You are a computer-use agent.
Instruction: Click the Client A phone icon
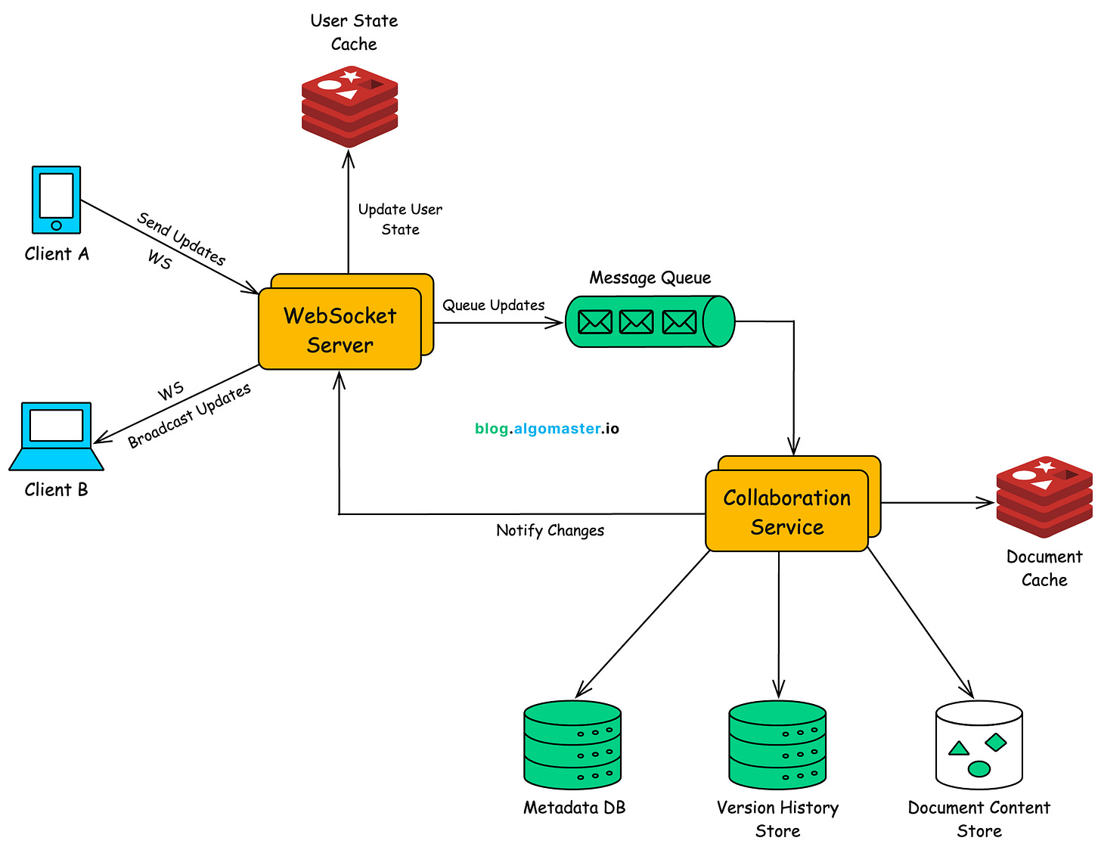[x=56, y=200]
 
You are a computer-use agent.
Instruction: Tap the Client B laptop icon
[x=56, y=436]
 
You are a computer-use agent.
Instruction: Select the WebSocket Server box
[x=340, y=329]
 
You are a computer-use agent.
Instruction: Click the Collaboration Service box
[x=786, y=511]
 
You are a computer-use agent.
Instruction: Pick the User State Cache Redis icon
[x=349, y=106]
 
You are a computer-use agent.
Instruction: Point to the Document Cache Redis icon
[x=1044, y=497]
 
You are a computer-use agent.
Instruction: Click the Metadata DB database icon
[x=572, y=745]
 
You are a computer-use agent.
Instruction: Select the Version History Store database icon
[x=777, y=745]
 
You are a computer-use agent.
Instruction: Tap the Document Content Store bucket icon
[x=979, y=745]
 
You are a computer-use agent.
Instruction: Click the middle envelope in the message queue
[x=636, y=322]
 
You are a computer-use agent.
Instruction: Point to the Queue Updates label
[x=494, y=306]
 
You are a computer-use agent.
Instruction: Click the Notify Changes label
[x=550, y=530]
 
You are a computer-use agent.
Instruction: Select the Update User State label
[x=400, y=219]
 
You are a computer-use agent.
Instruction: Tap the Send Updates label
[x=181, y=239]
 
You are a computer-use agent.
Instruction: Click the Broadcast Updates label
[x=189, y=417]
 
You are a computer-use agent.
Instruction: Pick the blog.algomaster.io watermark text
[x=547, y=429]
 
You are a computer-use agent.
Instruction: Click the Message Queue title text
[x=650, y=278]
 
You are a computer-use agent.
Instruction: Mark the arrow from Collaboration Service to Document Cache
[x=938, y=502]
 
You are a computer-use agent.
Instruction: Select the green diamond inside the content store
[x=996, y=742]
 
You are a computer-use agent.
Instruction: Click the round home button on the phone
[x=56, y=225]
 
